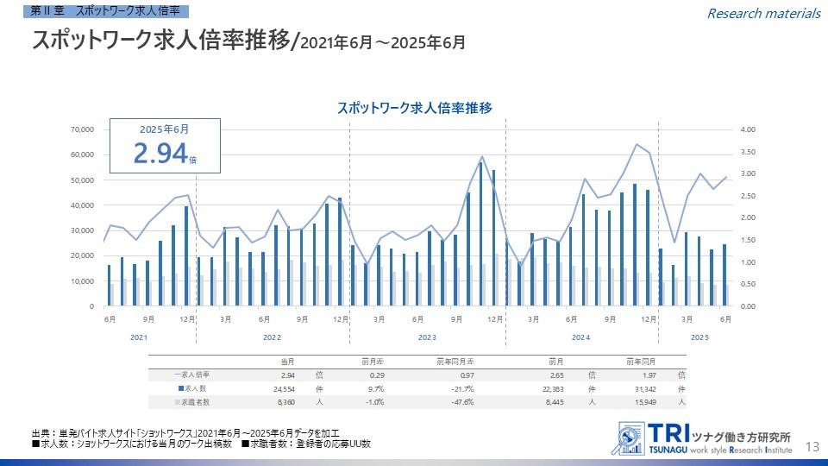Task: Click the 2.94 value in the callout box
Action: (160, 153)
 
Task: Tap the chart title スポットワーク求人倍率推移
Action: (414, 108)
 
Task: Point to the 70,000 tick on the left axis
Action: (81, 129)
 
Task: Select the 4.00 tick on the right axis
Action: (748, 129)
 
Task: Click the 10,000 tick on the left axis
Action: (81, 281)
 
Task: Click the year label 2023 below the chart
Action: (427, 337)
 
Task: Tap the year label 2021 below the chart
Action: (139, 337)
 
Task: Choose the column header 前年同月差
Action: (455, 362)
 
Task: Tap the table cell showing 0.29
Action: (377, 375)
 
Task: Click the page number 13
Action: (811, 446)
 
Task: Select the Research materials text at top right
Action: (763, 13)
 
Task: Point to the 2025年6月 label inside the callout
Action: (164, 129)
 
